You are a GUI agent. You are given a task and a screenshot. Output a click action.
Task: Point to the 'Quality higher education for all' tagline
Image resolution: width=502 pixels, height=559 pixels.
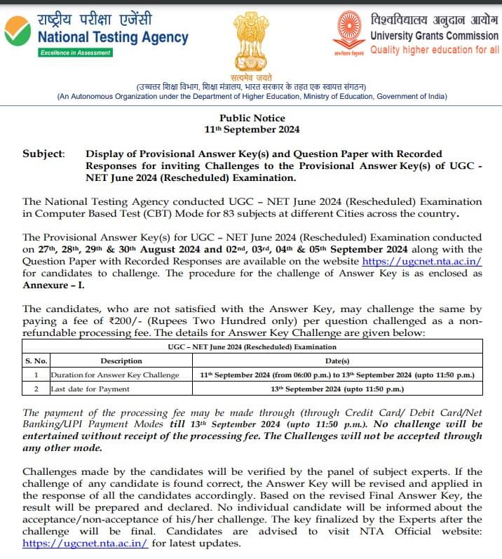tap(435, 50)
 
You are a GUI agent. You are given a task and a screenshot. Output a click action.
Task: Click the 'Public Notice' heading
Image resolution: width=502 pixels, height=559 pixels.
tap(252, 118)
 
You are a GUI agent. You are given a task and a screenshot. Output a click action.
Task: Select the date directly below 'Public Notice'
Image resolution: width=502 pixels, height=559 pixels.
tap(252, 129)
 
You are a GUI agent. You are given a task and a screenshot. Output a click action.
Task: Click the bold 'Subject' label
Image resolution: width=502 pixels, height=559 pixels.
tap(43, 153)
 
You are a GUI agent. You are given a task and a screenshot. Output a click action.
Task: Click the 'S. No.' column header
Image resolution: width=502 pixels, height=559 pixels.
tap(35, 361)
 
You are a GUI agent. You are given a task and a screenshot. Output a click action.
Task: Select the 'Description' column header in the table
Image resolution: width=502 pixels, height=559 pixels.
tap(121, 361)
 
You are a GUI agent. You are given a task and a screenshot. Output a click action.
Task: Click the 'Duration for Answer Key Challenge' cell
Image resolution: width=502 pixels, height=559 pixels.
tap(114, 375)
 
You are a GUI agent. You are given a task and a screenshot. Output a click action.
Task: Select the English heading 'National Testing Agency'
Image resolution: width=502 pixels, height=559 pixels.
tap(113, 37)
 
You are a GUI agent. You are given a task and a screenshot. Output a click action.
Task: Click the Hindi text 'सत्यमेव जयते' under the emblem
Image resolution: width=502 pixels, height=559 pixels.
tap(250, 76)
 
